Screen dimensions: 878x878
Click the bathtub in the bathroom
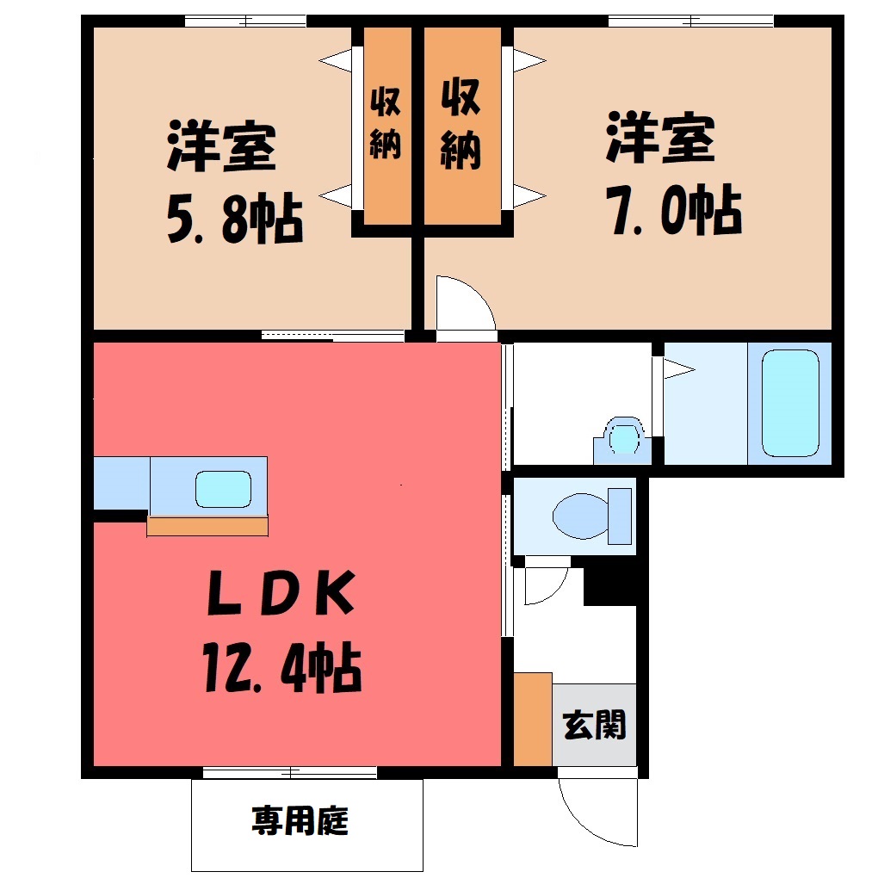pyautogui.click(x=790, y=403)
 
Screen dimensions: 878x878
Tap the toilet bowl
pyautogui.click(x=579, y=515)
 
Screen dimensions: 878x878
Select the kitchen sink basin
pyautogui.click(x=223, y=489)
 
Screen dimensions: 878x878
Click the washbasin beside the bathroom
pyautogui.click(x=622, y=440)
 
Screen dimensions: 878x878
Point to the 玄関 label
pyautogui.click(x=594, y=725)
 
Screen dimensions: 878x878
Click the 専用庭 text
pyautogui.click(x=300, y=820)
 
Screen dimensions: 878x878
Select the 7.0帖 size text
pyautogui.click(x=676, y=210)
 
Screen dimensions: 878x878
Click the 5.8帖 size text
pyautogui.click(x=235, y=219)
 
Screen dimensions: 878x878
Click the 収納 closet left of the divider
pyautogui.click(x=387, y=126)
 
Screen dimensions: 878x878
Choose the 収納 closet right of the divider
pyautogui.click(x=462, y=126)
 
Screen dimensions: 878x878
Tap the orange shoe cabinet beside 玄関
pyautogui.click(x=533, y=719)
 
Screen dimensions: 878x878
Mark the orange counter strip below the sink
pyautogui.click(x=207, y=526)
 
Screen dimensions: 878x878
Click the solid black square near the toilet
pyautogui.click(x=609, y=586)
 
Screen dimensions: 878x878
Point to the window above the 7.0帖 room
pyautogui.click(x=691, y=22)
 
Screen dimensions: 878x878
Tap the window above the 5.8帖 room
pyautogui.click(x=246, y=22)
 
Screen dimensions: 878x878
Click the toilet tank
pyautogui.click(x=620, y=516)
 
